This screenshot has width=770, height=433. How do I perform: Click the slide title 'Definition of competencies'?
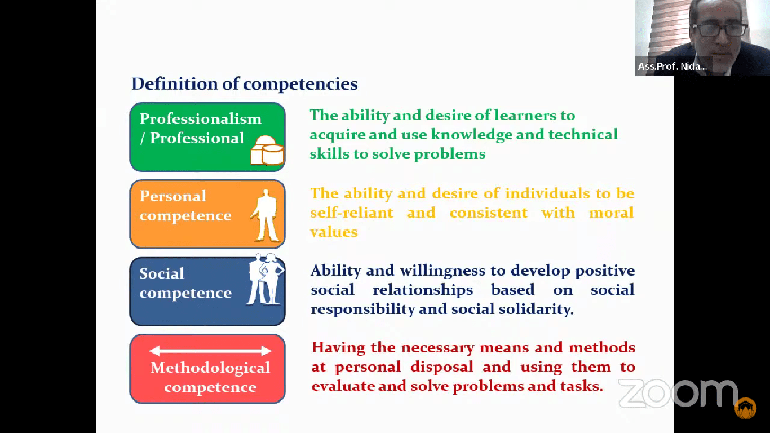[245, 84]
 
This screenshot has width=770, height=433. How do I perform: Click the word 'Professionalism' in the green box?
[201, 119]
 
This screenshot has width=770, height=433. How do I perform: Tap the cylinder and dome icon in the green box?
[267, 150]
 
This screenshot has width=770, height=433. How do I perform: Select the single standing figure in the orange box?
[265, 215]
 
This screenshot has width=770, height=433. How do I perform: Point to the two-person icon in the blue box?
[265, 279]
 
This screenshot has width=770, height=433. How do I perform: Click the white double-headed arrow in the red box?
[210, 351]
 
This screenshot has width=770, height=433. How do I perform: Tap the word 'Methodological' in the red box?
[210, 368]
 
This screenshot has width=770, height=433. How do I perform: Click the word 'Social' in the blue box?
[162, 274]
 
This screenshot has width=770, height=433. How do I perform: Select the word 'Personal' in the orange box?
[172, 196]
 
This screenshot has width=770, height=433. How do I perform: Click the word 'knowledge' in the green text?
[471, 135]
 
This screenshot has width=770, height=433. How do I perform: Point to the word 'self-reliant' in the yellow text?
[352, 213]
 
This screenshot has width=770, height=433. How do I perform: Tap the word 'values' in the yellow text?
[334, 232]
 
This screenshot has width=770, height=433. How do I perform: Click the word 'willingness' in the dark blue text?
[442, 271]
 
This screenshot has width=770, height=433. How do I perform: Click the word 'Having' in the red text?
[338, 348]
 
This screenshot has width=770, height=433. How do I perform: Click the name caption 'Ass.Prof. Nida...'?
[672, 66]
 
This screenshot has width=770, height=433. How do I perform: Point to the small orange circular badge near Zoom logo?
[745, 408]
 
